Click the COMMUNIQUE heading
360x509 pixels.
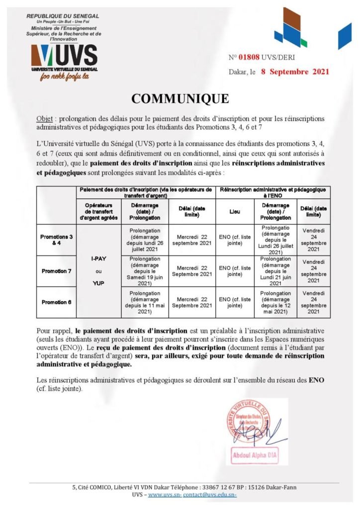(x=180, y=98)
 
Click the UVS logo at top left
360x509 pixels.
(x=64, y=56)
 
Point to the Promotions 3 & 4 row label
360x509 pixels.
(x=56, y=240)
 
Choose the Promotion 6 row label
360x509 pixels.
(x=56, y=302)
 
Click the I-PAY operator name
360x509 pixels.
(x=98, y=259)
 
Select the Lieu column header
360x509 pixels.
(x=235, y=211)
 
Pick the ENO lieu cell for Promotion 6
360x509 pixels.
(x=235, y=302)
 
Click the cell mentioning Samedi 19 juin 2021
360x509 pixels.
(x=145, y=271)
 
